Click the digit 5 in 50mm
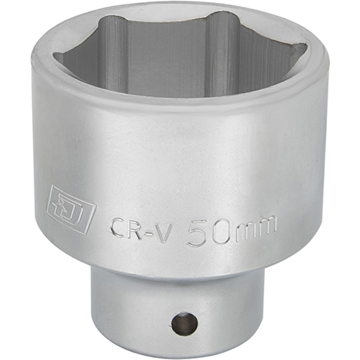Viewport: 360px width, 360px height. coord(201,229)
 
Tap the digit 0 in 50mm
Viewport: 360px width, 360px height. coord(222,229)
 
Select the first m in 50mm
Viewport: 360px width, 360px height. coord(245,229)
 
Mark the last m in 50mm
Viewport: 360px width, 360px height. coord(267,225)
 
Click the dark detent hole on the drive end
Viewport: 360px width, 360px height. coord(183,324)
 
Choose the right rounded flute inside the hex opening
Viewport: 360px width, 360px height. coord(219,49)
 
